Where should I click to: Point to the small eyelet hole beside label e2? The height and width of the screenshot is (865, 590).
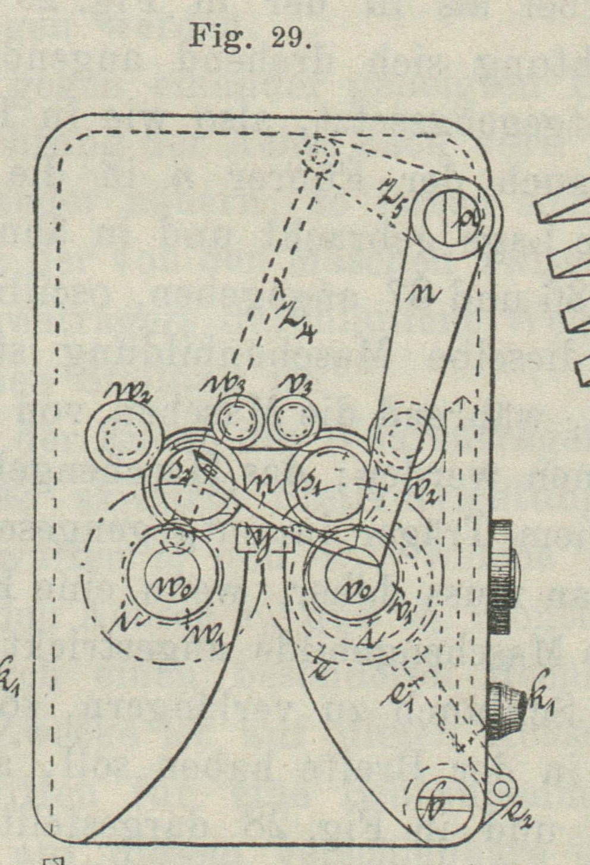(503, 788)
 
